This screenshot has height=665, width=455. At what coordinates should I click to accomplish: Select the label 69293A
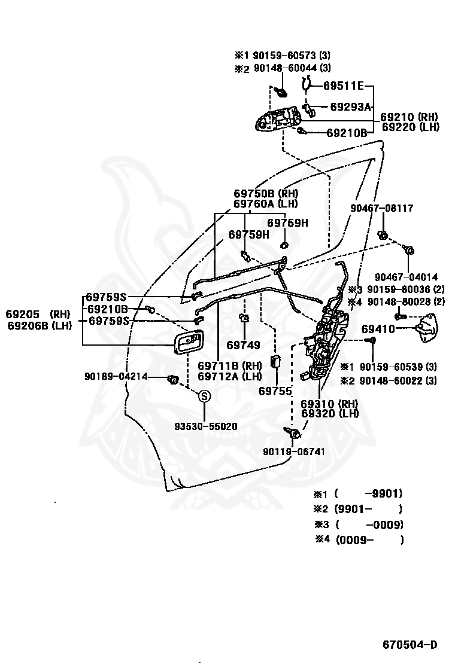click(350, 107)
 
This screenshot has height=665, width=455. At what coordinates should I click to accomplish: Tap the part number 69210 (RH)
click(409, 117)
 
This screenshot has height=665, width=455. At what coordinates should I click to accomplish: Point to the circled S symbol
click(204, 396)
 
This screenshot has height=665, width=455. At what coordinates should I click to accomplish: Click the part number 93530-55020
click(205, 426)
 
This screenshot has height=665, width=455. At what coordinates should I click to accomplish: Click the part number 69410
click(378, 329)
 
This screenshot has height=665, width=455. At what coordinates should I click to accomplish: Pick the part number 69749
click(243, 345)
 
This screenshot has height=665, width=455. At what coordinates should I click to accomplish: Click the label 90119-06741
click(294, 452)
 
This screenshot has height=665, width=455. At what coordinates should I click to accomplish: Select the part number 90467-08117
click(381, 208)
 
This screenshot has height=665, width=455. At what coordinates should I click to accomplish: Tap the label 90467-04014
click(406, 277)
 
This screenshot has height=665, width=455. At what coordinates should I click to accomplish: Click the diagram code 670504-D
click(410, 645)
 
